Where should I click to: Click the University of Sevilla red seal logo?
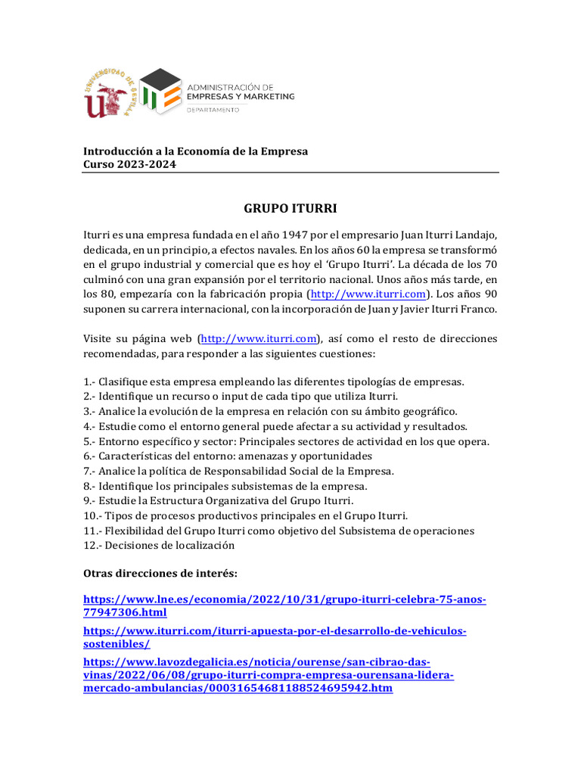tap(110, 95)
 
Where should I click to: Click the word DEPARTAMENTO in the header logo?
tap(213, 110)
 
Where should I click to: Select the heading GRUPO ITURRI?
tap(290, 207)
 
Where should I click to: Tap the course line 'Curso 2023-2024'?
tap(129, 165)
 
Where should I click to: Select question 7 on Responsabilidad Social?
tap(238, 471)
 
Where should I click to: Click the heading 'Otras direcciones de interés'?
tap(160, 574)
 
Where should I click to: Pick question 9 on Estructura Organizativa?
tap(218, 500)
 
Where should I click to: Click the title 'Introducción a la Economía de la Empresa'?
tap(195, 151)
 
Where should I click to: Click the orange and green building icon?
tap(161, 92)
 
